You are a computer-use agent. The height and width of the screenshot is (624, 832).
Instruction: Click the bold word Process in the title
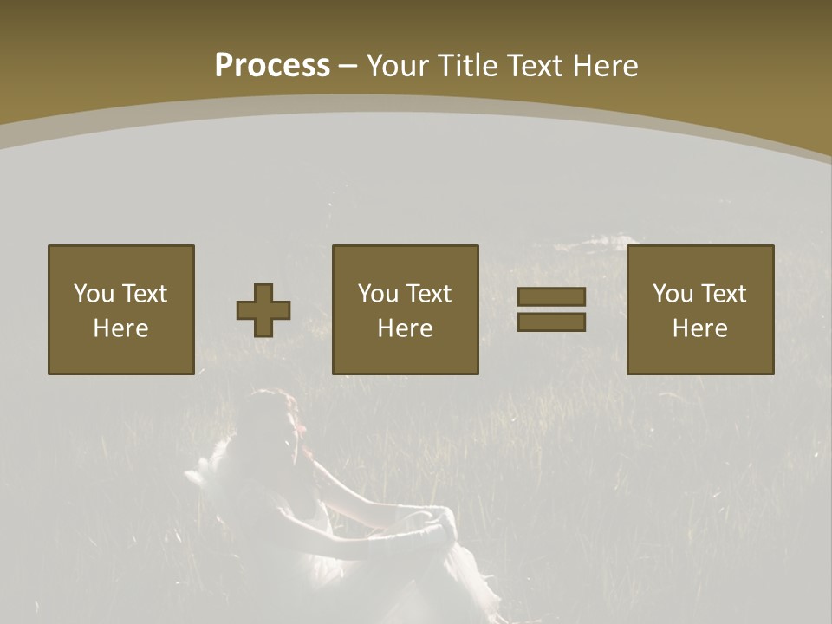coord(272,66)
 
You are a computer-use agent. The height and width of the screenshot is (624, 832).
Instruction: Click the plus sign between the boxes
coord(263,310)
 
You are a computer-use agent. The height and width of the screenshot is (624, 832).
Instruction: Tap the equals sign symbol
coord(551,309)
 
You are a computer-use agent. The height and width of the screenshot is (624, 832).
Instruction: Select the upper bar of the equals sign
coord(551,297)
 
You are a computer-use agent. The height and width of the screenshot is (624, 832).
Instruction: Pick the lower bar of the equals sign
coord(551,322)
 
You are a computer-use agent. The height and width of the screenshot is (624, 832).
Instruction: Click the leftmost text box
coord(120,309)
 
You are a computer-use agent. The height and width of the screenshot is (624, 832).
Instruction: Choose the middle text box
coord(405,309)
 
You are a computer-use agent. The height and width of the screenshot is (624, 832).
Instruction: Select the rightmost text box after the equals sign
coord(699,309)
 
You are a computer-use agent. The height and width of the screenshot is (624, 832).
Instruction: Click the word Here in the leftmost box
coord(120,328)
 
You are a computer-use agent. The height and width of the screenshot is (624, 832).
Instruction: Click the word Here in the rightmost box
coord(699,328)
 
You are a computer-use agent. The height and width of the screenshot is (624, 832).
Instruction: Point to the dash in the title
coord(348,66)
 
